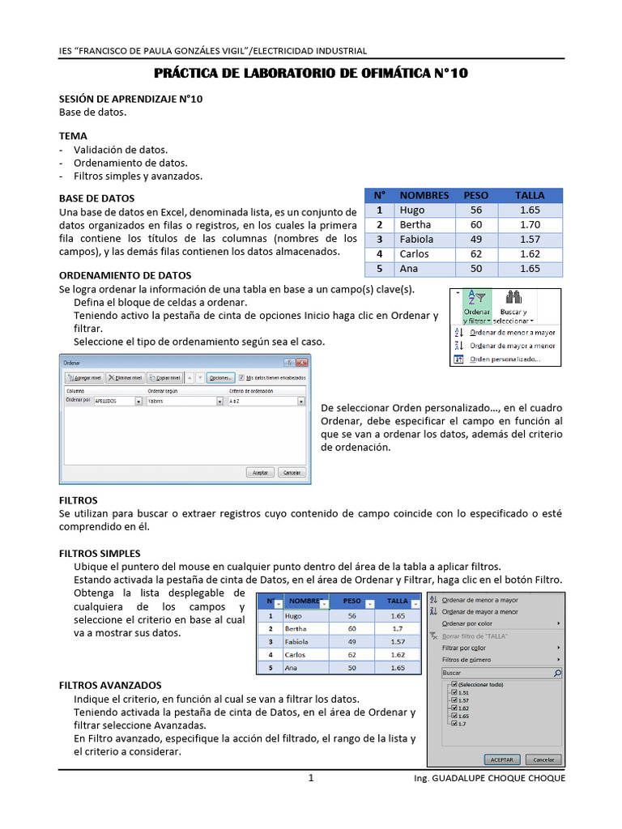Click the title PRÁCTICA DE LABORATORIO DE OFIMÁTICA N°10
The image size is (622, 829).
click(x=311, y=74)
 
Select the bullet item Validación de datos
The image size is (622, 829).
click(x=121, y=150)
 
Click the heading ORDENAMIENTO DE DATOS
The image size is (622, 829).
click(x=125, y=275)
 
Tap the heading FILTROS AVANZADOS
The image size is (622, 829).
click(x=110, y=685)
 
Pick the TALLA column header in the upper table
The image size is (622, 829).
click(x=530, y=195)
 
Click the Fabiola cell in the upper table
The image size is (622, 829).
click(x=416, y=240)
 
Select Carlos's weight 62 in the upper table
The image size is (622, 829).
click(x=475, y=254)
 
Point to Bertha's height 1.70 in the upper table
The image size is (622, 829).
click(x=530, y=225)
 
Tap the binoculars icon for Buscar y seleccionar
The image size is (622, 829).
click(x=513, y=297)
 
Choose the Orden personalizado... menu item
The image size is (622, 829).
click(x=505, y=359)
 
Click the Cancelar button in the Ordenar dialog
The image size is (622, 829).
click(x=292, y=472)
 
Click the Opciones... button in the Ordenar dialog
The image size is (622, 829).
click(x=219, y=377)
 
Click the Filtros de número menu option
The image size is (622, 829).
click(x=466, y=660)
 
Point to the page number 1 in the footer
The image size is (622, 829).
click(x=310, y=778)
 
